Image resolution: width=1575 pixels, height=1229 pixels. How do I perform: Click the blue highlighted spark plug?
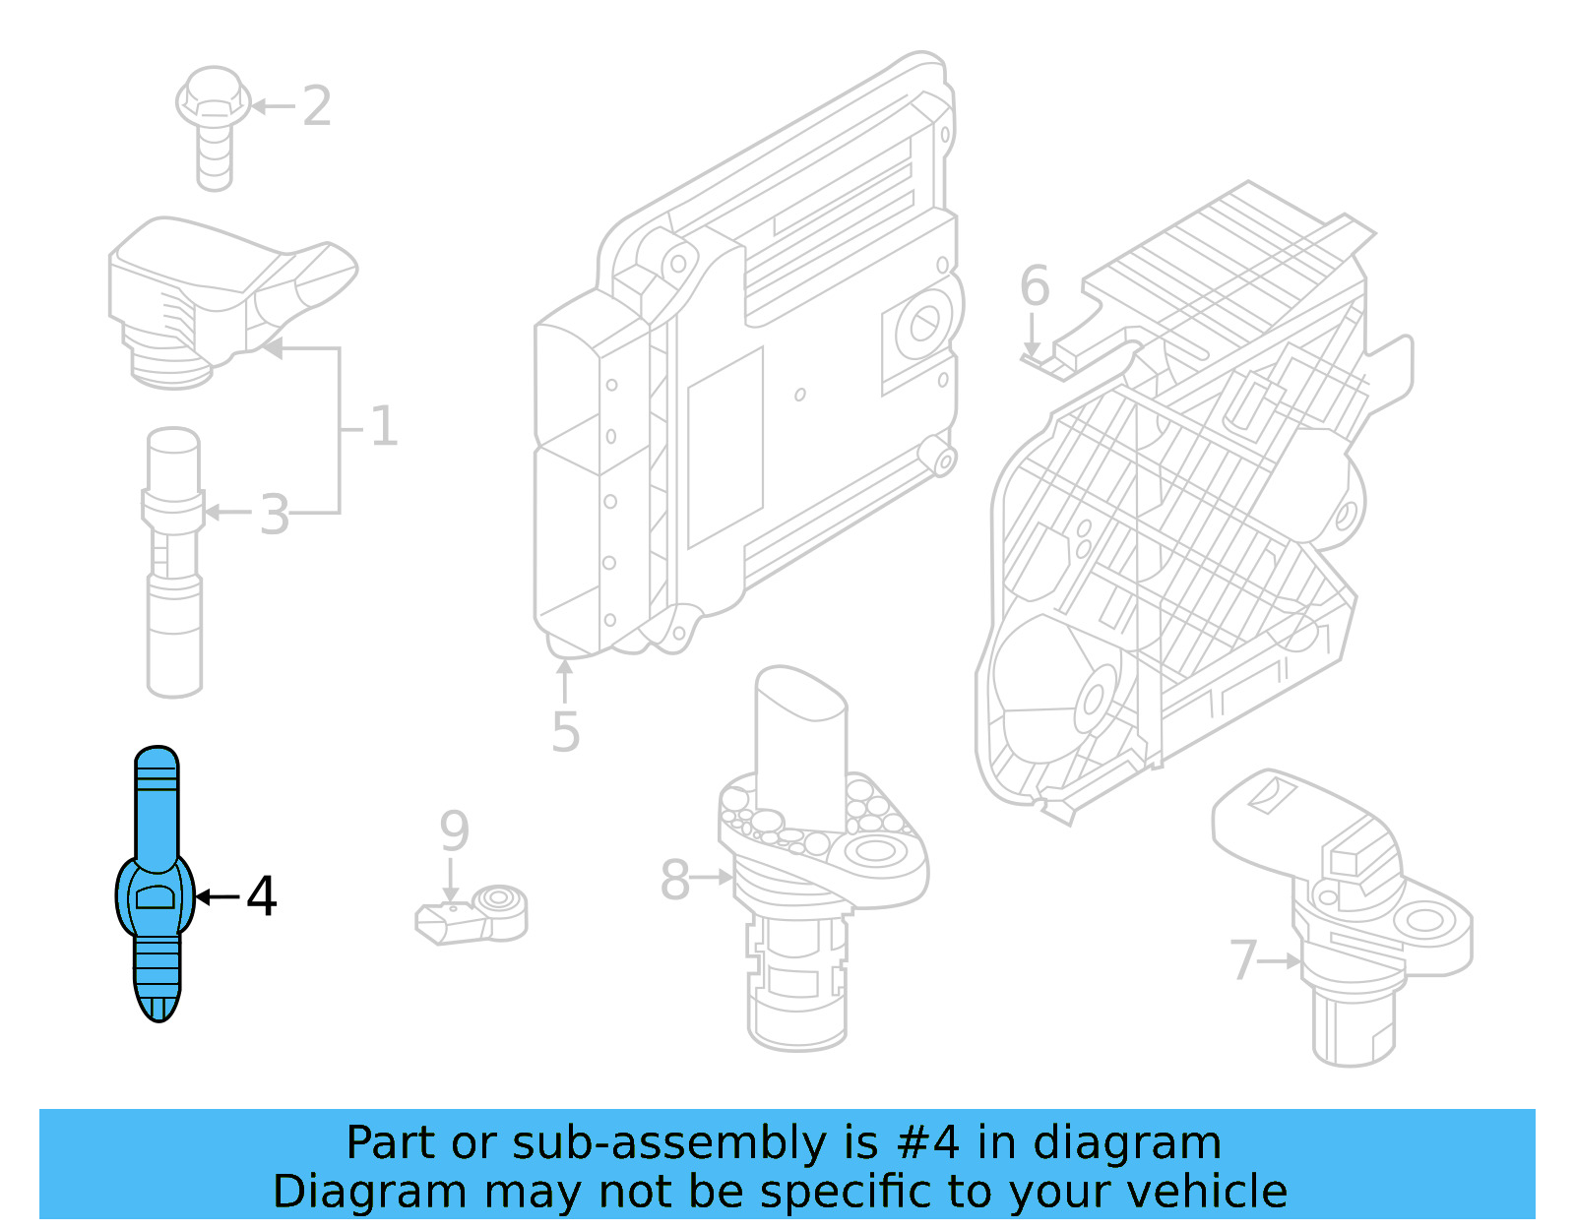[157, 886]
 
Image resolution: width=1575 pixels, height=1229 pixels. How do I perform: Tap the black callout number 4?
[262, 896]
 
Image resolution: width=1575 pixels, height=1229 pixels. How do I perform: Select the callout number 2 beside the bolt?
[316, 105]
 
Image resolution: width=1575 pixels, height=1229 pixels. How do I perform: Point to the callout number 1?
[383, 427]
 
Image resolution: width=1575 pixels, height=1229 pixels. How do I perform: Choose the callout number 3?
[275, 515]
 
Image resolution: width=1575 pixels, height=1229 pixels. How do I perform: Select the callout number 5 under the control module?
[565, 732]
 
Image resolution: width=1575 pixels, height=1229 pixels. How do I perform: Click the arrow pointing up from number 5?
[565, 679]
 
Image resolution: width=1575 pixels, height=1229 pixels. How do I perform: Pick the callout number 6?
[1035, 286]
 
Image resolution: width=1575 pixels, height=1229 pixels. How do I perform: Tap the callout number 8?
[674, 880]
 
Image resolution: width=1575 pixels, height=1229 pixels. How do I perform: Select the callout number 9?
[454, 831]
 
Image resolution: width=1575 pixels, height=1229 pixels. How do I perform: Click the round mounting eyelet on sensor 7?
[1423, 921]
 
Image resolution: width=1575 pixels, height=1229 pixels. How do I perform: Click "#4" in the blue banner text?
[927, 1142]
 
